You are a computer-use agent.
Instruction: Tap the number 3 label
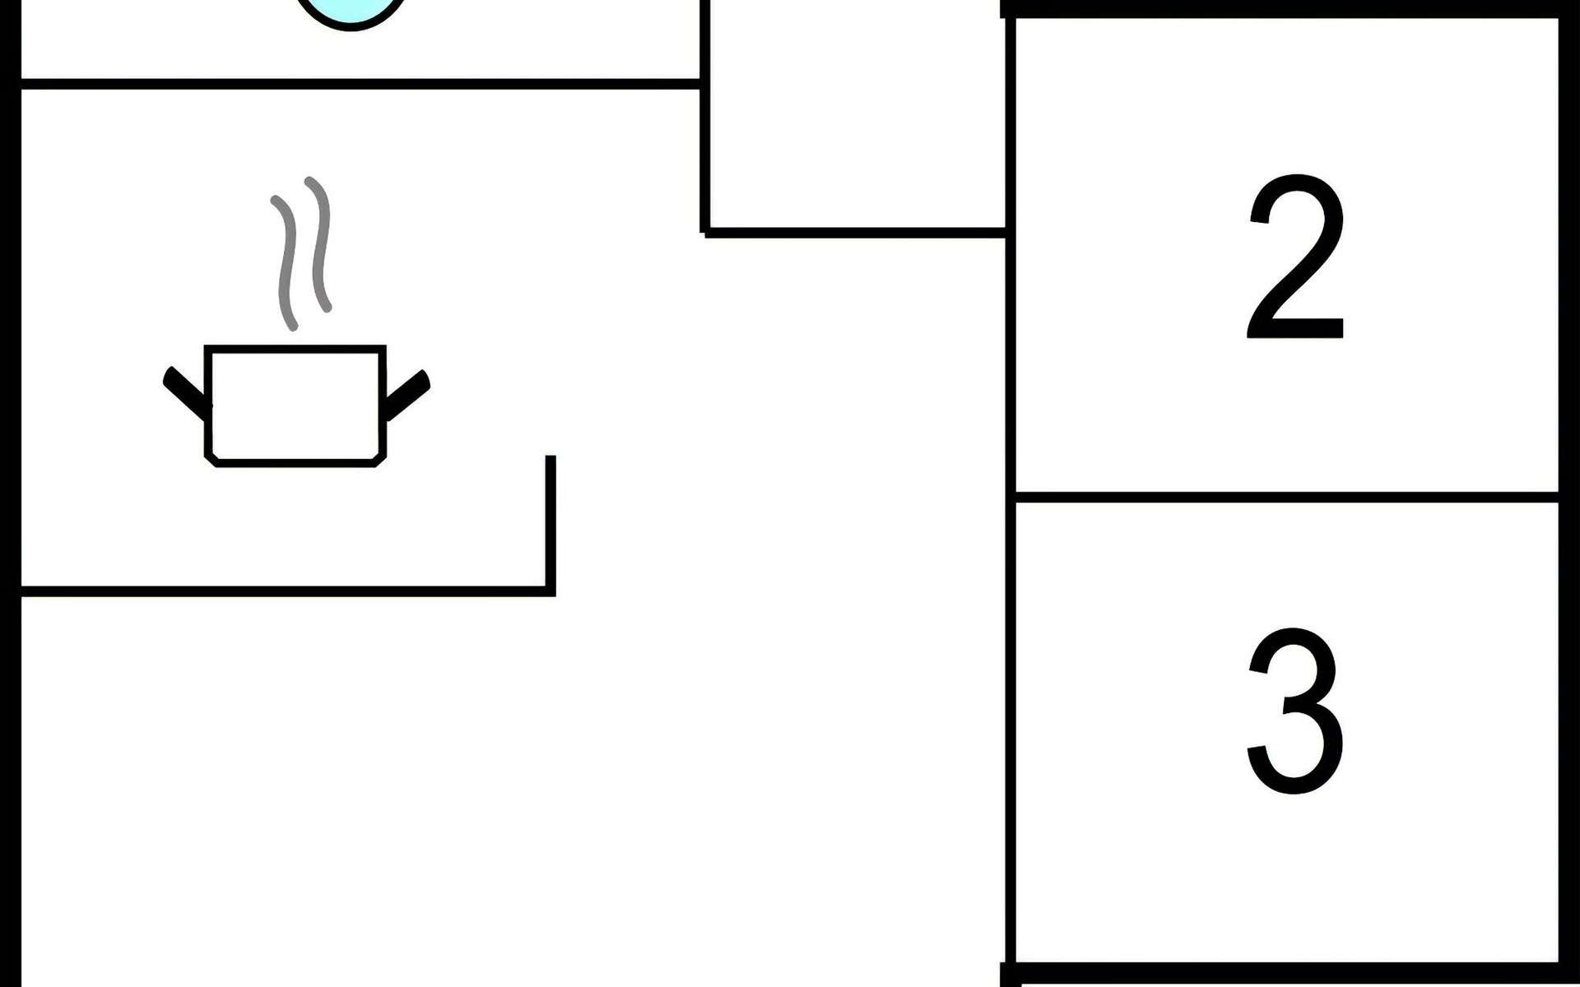(x=1296, y=711)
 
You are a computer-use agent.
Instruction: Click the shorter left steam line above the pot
(x=286, y=263)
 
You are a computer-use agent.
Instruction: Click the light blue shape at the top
(x=352, y=12)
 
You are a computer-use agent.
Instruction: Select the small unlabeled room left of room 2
(x=856, y=115)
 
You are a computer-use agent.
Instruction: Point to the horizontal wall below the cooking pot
(x=280, y=591)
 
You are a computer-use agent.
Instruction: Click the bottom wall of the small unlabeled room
(x=856, y=233)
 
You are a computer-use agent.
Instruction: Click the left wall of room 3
(x=1010, y=724)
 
